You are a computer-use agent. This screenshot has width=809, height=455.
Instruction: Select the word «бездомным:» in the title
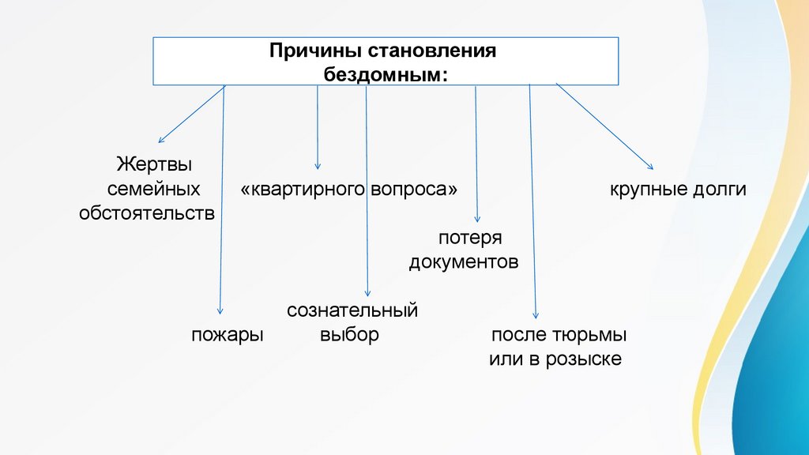[386, 73]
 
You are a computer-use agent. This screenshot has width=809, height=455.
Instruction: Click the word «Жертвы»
[156, 166]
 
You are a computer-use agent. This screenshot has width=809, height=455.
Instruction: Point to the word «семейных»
[153, 190]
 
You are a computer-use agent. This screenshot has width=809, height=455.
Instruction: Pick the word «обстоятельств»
[147, 213]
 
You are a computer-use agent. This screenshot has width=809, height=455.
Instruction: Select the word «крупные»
[645, 190]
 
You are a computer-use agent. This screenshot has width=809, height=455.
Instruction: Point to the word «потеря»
[470, 238]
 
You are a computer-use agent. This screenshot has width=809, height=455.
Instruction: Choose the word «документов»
[464, 261]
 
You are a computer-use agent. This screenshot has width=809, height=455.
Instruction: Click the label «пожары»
[227, 334]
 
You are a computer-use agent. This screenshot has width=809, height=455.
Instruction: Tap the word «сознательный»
[352, 310]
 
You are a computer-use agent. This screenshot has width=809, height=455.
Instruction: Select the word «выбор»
[350, 334]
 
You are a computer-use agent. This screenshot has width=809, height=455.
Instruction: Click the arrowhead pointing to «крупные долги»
[650, 167]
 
